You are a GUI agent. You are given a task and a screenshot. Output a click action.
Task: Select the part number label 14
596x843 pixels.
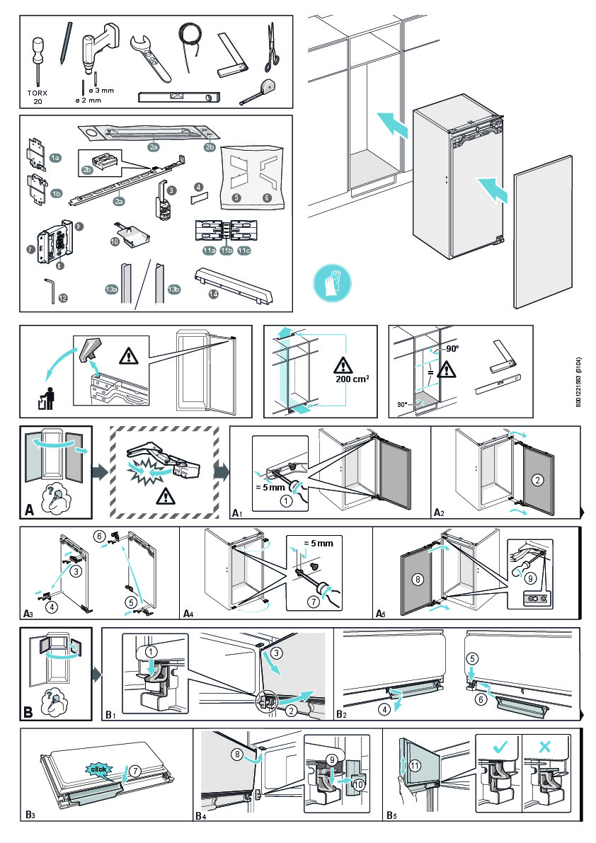213,294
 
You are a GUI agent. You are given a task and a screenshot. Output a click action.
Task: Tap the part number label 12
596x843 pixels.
63,298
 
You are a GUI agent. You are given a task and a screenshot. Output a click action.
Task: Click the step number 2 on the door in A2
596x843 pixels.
537,479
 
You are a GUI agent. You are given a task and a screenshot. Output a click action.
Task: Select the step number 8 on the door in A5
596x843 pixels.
417,578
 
